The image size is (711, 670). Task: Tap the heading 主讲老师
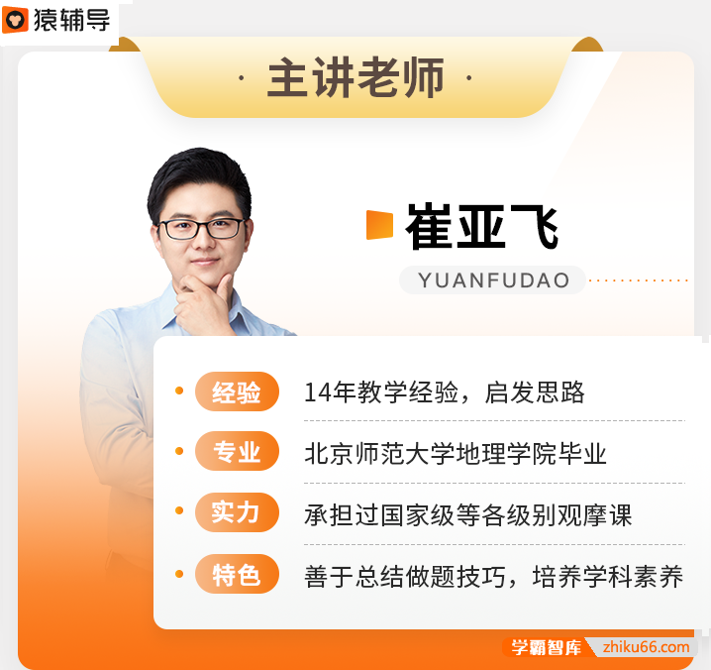coord(355,78)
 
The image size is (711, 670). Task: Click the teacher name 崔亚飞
coord(481,226)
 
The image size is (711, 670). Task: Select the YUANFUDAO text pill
coord(493,280)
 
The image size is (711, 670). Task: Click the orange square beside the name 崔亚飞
coord(379,225)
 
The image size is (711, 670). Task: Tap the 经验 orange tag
coord(237,392)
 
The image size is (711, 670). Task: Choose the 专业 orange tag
coord(237,454)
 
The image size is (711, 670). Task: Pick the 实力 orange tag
coord(237,513)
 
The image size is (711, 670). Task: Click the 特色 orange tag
coord(237,575)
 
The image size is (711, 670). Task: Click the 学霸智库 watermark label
coord(546,648)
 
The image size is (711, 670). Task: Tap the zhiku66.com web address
coord(647,648)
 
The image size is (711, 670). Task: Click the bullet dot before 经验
coord(179,391)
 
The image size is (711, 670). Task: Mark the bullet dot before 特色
coord(179,573)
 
